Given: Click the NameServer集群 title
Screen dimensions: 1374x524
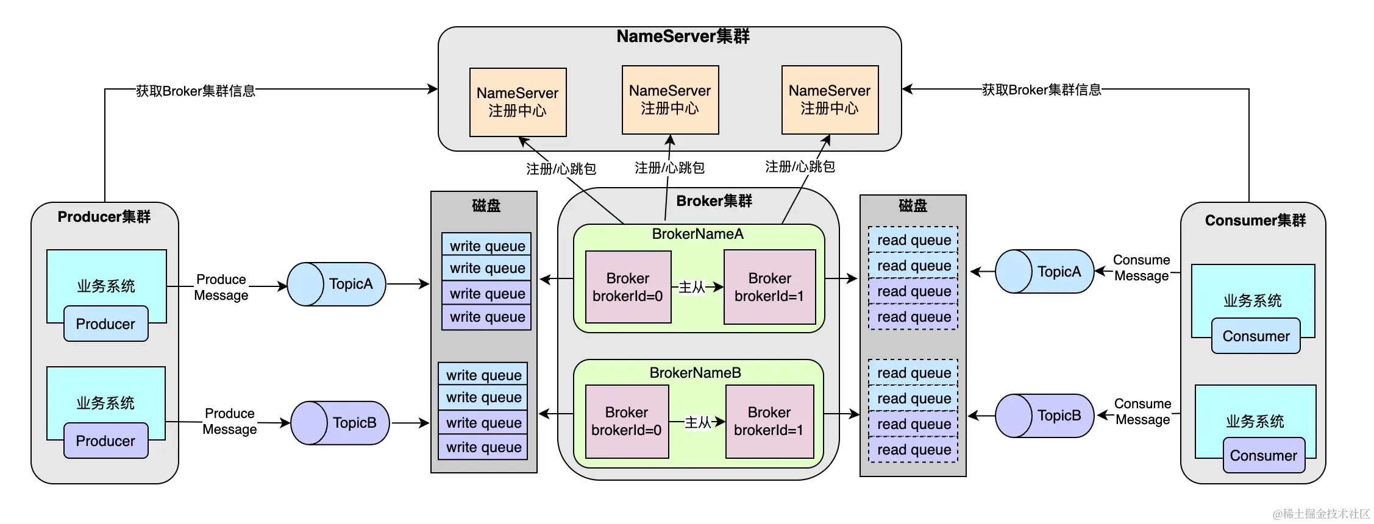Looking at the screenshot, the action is (x=683, y=37).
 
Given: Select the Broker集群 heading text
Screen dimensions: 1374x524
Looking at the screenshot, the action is (x=714, y=201).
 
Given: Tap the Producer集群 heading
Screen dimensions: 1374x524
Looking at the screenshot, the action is (x=104, y=217).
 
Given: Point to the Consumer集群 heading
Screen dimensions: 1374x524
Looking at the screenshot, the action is (x=1255, y=221).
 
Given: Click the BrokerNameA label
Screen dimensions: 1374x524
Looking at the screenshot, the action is (x=697, y=234).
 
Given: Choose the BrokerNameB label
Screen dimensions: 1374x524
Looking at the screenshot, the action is (x=695, y=373).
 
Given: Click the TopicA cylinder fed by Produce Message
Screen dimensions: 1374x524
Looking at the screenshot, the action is (x=336, y=284).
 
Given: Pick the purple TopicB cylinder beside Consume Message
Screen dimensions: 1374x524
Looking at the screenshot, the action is (x=1044, y=416).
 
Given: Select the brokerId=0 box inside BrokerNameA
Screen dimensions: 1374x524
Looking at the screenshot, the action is (x=628, y=287).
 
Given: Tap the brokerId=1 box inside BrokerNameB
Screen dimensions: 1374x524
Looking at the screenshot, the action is (x=769, y=422).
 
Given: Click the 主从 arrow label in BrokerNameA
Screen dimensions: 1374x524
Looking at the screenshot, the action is (x=692, y=287).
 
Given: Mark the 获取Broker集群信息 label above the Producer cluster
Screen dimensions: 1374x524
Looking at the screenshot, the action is (x=195, y=91).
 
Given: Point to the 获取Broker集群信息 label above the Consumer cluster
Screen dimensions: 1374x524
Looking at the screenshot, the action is (x=1042, y=90).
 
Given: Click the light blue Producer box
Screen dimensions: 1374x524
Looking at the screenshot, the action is (x=105, y=324).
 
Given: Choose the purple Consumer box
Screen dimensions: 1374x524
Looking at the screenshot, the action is (x=1264, y=456).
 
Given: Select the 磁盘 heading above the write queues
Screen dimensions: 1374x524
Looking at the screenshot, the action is (x=486, y=206).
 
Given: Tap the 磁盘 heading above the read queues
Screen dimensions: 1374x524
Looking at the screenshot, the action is (x=913, y=206).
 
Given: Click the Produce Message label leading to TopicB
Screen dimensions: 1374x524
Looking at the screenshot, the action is (x=229, y=422).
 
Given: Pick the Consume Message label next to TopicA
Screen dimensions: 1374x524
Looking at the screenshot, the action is (x=1141, y=268).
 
